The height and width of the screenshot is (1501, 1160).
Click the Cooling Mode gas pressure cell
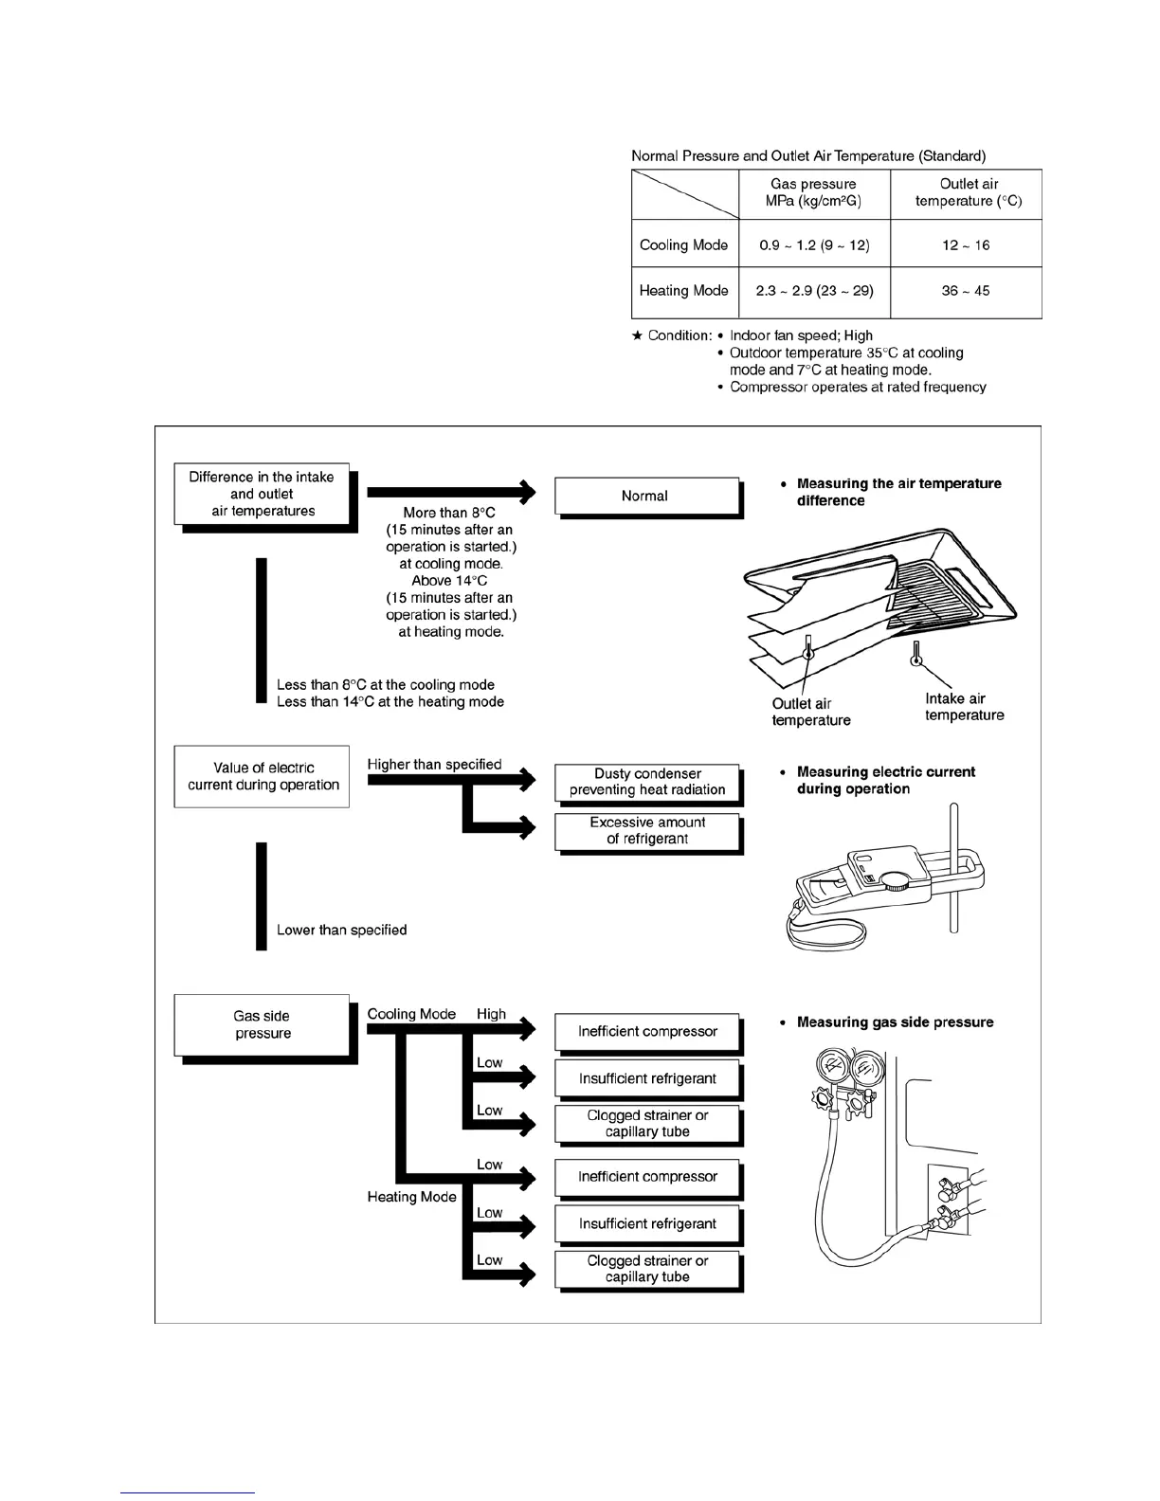[x=814, y=244]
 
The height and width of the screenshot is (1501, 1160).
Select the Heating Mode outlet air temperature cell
[x=965, y=291]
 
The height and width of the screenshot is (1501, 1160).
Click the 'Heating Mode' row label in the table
[x=683, y=291]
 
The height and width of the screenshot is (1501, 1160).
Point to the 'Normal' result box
[x=645, y=496]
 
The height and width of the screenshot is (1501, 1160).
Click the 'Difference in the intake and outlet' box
[x=262, y=494]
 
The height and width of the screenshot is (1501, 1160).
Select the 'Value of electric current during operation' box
[x=263, y=776]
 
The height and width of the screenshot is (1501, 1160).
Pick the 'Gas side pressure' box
[x=263, y=1024]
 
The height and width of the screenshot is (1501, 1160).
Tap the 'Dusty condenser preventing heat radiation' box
[x=647, y=782]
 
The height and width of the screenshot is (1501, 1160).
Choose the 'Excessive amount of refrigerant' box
[x=647, y=831]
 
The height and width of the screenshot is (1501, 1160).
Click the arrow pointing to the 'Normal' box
[x=450, y=491]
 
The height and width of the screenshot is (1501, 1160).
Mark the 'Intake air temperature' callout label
[x=964, y=707]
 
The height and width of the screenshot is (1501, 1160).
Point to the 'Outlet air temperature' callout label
[x=810, y=712]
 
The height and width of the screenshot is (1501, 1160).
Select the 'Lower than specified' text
[x=341, y=930]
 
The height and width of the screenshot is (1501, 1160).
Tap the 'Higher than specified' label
[x=434, y=764]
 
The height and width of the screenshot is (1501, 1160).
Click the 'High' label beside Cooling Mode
[x=491, y=1014]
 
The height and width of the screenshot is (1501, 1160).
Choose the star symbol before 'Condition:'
[x=638, y=335]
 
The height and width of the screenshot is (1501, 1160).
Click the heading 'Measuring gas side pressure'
[x=895, y=1022]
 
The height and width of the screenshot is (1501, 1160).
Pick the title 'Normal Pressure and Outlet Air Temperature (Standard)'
[x=808, y=155]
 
